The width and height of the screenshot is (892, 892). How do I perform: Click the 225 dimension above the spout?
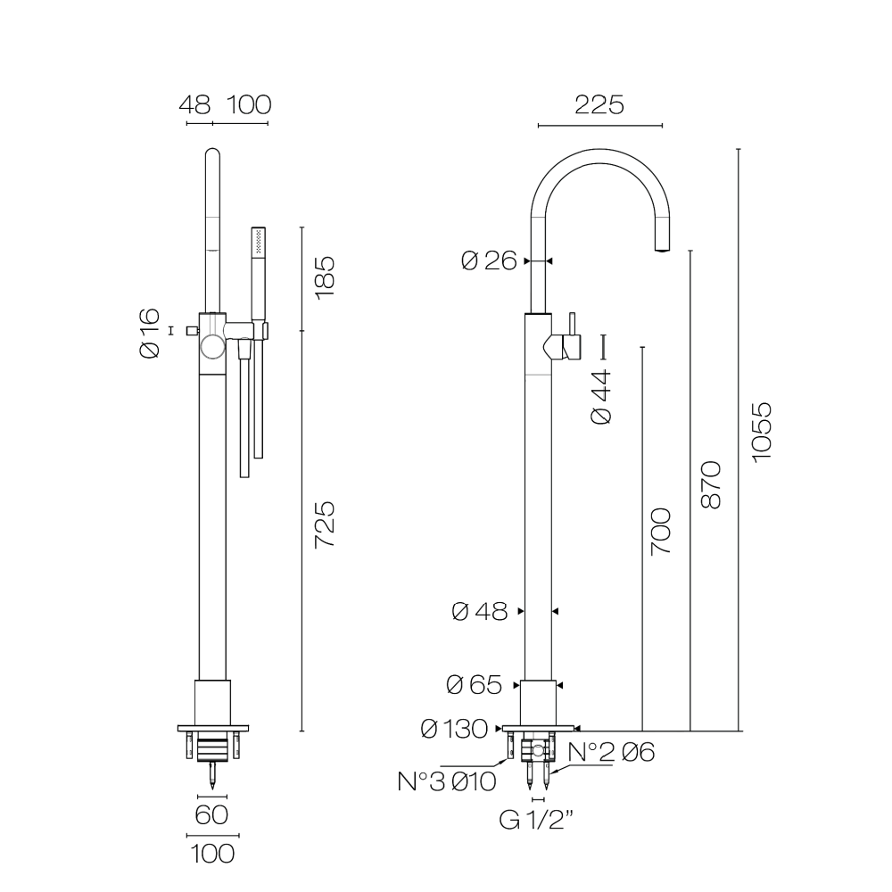point(599,104)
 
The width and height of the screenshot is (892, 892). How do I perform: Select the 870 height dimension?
point(711,484)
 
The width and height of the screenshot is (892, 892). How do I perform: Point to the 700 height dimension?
point(661,532)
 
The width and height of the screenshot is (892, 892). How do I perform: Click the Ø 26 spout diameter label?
point(489,260)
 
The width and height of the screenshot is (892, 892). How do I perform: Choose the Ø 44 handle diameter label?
point(600,397)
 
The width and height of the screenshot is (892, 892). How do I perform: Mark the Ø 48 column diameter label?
point(480,612)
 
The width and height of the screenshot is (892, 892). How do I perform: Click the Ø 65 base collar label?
point(475,684)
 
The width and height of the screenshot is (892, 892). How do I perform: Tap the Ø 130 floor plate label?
point(454,729)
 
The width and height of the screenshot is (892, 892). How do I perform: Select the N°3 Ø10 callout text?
point(447,781)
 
